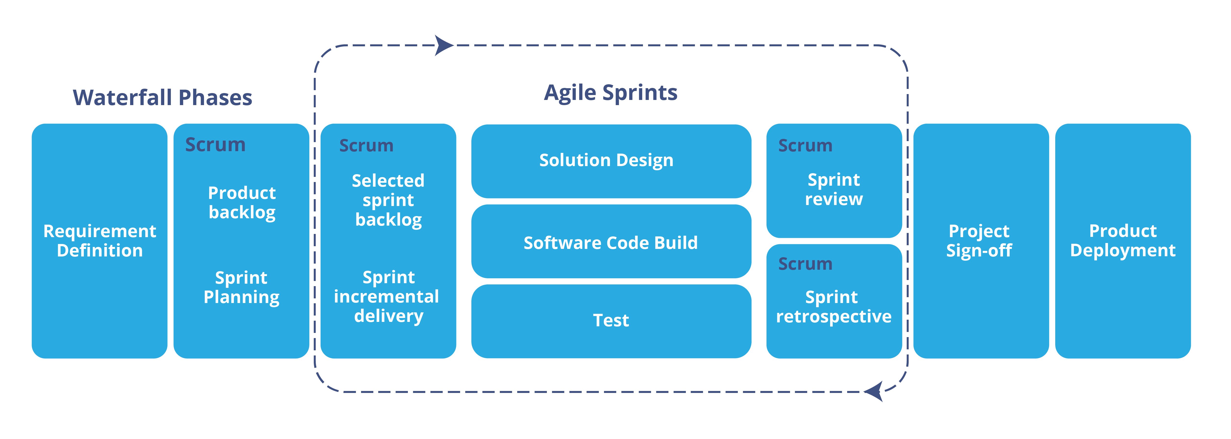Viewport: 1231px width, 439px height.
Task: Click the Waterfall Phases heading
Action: click(163, 98)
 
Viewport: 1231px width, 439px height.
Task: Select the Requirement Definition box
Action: click(100, 241)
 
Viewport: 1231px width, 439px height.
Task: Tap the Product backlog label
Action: click(242, 203)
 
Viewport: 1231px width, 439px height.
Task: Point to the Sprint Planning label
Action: click(241, 287)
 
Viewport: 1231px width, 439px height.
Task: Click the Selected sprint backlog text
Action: click(388, 200)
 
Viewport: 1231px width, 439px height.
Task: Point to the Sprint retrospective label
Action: click(833, 307)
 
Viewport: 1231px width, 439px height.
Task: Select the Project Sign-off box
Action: click(980, 241)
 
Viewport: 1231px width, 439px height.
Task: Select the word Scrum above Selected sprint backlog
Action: click(366, 145)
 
